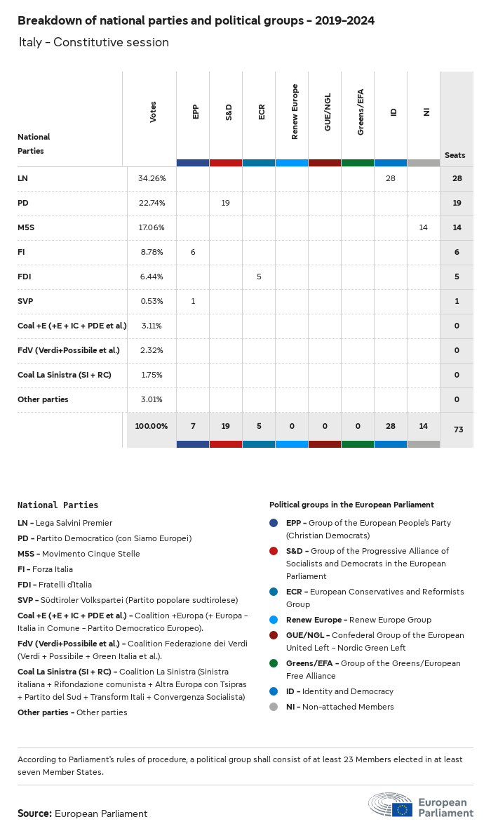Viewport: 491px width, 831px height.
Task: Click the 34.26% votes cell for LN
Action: click(x=152, y=178)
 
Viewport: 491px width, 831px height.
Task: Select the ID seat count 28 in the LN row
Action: click(x=391, y=178)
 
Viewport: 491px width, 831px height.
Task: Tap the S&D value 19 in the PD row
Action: click(x=226, y=203)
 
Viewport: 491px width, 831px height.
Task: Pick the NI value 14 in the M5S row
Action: click(x=423, y=227)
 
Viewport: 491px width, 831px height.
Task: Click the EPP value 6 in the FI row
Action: click(x=193, y=252)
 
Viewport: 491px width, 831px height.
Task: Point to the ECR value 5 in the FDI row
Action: click(x=259, y=277)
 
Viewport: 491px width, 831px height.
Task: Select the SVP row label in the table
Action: click(x=25, y=301)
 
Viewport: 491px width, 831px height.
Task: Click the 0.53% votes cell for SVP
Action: click(x=152, y=301)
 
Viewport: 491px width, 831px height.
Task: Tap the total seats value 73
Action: click(x=458, y=430)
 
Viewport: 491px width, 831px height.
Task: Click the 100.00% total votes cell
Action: click(x=152, y=426)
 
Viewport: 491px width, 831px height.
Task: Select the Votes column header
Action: click(x=153, y=112)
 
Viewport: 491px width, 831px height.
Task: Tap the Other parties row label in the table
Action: click(x=43, y=399)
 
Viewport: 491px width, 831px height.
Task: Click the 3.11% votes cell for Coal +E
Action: click(x=152, y=326)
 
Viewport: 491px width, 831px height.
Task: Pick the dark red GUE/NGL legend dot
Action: click(x=274, y=635)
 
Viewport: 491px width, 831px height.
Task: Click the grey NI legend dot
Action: click(x=274, y=707)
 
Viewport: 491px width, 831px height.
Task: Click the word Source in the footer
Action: click(x=34, y=813)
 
